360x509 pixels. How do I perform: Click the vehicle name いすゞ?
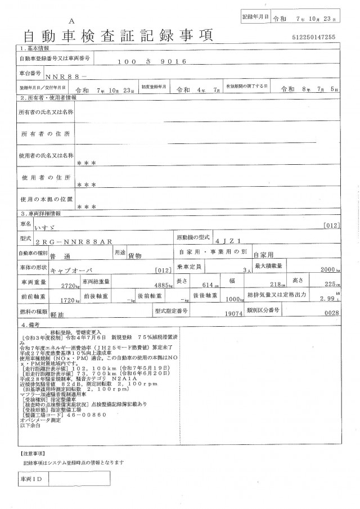[x=59, y=228]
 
